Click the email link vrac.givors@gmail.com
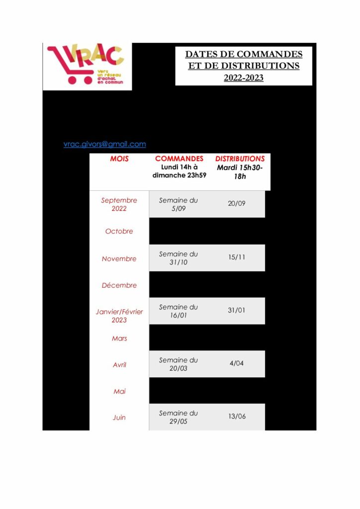[x=104, y=144]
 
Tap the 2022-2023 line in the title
[x=243, y=78]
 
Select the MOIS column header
[x=119, y=159]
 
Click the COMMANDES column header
[x=179, y=159]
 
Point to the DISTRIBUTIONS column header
[x=240, y=159]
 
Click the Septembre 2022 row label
[x=119, y=204]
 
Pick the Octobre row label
[x=119, y=231]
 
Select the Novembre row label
[x=119, y=258]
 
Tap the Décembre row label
[x=119, y=285]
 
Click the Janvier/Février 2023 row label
[x=119, y=316]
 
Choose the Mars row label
[x=119, y=339]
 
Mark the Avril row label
[x=119, y=365]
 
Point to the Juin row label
[x=119, y=418]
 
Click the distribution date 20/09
[x=237, y=203]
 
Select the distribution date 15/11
[x=237, y=257]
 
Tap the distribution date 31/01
[x=237, y=310]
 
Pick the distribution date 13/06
[x=237, y=416]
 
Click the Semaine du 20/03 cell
[x=178, y=364]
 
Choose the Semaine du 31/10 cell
[x=178, y=258]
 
